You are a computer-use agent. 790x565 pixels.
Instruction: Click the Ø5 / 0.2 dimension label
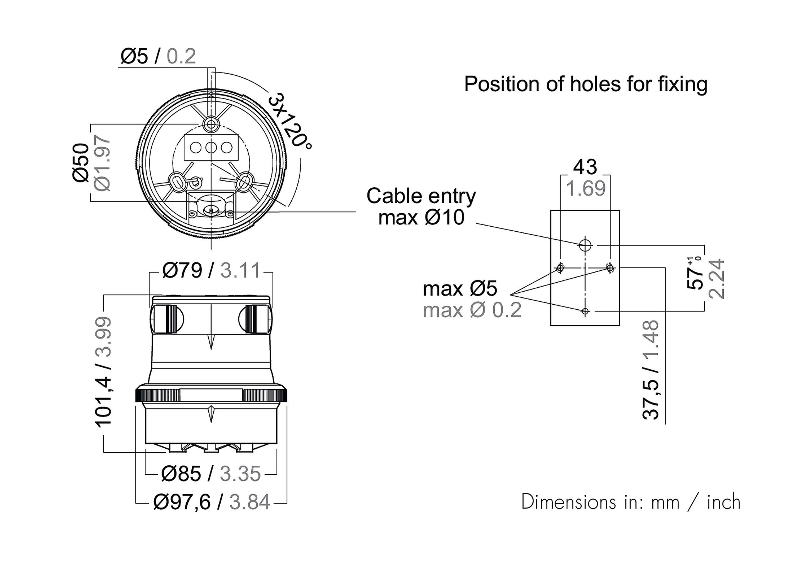tap(158, 56)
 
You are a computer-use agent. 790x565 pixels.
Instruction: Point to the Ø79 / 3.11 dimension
tap(211, 270)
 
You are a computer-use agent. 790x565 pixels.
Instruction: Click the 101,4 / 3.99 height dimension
tap(103, 372)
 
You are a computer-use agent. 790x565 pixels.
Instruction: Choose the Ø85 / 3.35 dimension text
tap(211, 473)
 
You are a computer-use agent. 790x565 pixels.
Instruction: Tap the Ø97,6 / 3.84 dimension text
tap(211, 502)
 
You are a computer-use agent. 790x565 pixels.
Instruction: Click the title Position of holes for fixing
tap(586, 84)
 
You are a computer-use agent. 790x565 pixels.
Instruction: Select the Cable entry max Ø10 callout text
tap(421, 207)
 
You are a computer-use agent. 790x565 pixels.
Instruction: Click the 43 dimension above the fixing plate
tap(585, 167)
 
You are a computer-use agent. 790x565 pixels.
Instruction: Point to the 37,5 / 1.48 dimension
tap(651, 370)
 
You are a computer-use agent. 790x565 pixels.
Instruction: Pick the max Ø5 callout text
tap(460, 288)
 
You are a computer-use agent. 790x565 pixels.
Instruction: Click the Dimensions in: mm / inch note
tap(631, 502)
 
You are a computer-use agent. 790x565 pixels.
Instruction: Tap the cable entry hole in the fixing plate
tap(585, 245)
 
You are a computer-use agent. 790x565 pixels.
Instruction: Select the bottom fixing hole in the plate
tap(585, 311)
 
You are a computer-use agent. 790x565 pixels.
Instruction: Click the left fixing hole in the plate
tap(560, 267)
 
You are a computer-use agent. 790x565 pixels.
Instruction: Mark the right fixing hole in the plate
tap(610, 267)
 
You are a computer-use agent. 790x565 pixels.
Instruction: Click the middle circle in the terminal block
tap(211, 147)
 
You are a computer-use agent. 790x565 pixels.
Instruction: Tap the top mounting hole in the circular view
tap(211, 124)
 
